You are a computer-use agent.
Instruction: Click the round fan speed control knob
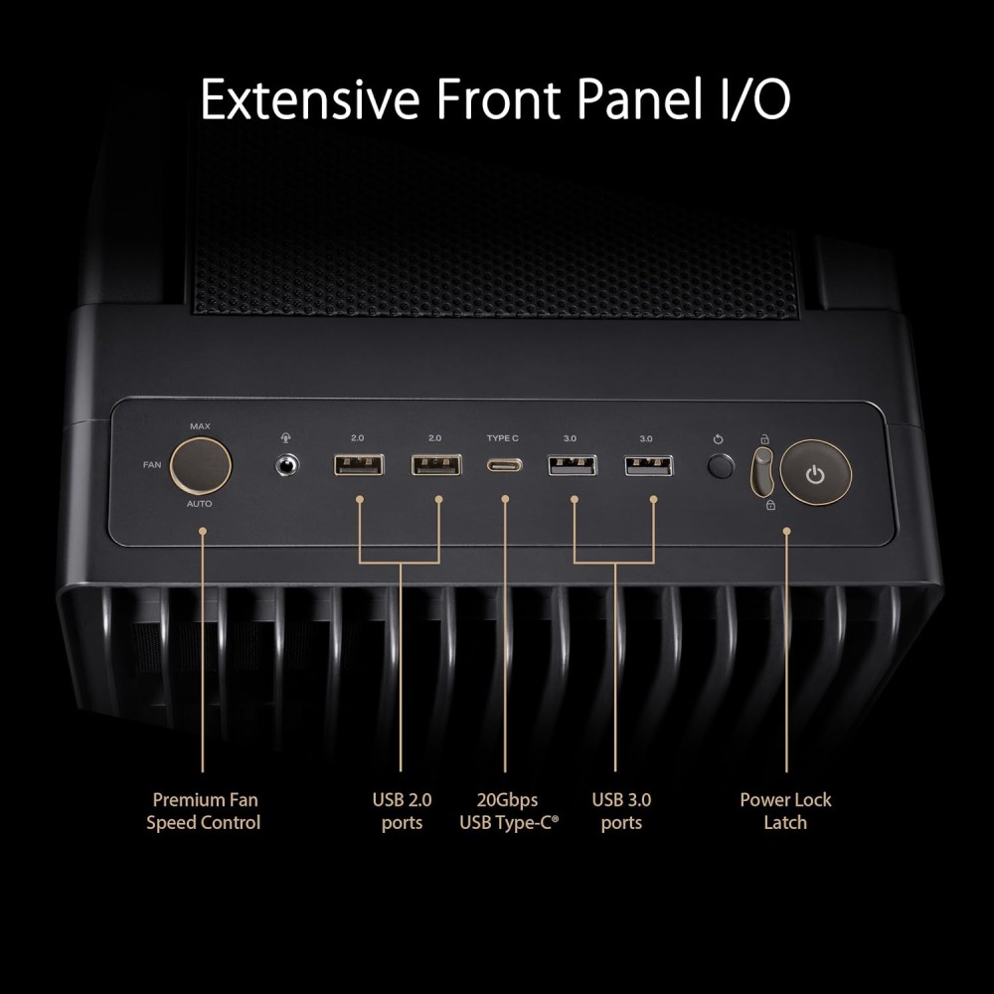(x=201, y=464)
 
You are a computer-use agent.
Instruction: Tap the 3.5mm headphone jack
(x=287, y=464)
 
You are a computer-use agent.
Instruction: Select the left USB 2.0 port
(x=358, y=464)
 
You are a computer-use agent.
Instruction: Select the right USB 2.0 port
(x=436, y=464)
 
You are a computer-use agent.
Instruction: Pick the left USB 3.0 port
(x=572, y=464)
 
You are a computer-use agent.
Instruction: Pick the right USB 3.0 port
(x=648, y=464)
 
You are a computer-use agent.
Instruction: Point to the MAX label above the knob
(x=201, y=425)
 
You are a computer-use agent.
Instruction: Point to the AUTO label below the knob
(x=200, y=504)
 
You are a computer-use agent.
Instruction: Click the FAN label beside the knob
(x=151, y=464)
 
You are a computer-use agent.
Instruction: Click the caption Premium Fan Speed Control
(x=204, y=811)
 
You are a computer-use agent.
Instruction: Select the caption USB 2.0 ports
(x=402, y=811)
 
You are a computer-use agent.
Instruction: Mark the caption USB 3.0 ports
(x=621, y=811)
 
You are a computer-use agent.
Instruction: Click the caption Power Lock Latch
(x=785, y=811)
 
